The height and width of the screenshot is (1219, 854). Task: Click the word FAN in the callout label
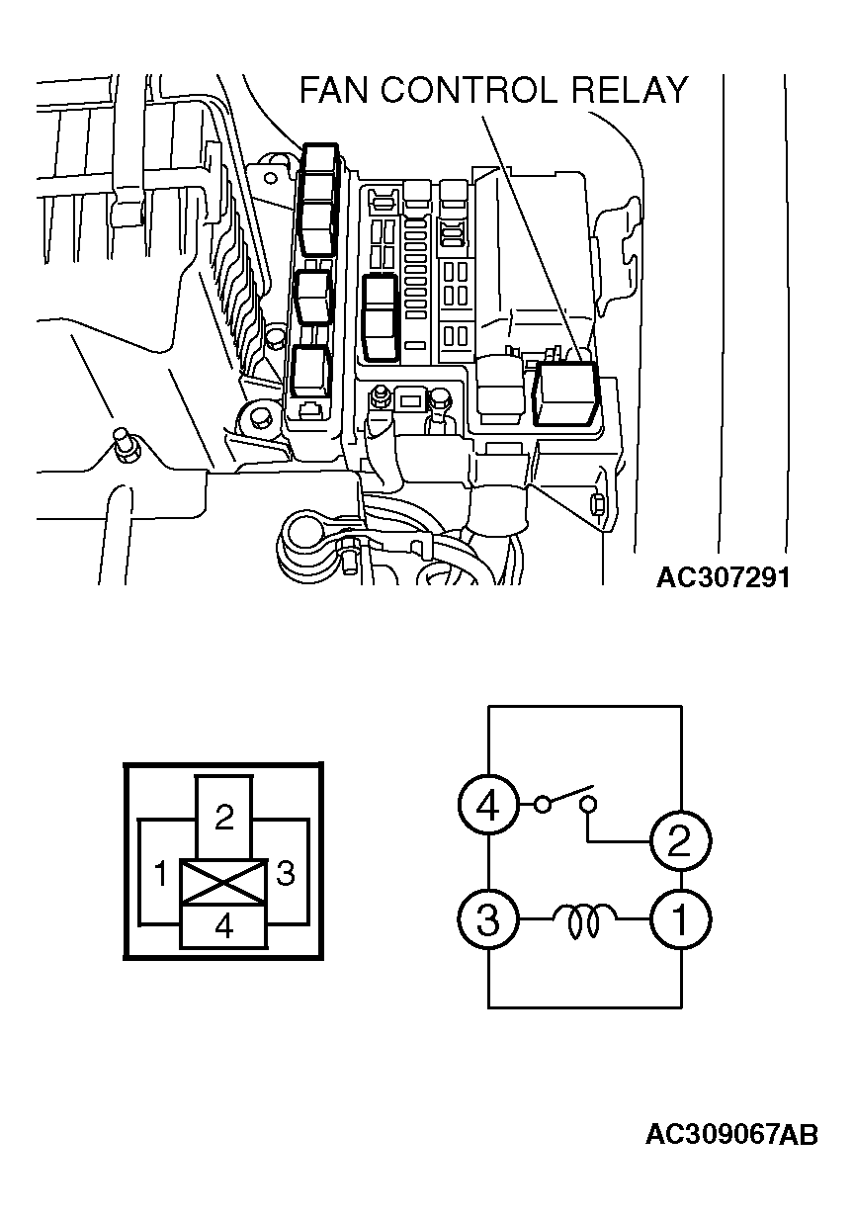[x=334, y=91]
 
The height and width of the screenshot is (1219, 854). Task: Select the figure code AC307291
[x=723, y=577]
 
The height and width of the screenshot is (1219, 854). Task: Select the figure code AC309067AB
[x=731, y=1135]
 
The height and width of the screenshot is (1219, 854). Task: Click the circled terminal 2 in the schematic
[x=680, y=841]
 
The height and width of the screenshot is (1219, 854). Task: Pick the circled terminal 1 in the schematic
[x=680, y=920]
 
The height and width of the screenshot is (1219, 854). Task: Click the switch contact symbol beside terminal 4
[x=565, y=801]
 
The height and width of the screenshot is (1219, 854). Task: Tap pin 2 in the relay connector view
[x=224, y=817]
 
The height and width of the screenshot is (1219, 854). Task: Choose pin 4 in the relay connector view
[x=224, y=927]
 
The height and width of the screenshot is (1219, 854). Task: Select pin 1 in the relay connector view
[x=158, y=874]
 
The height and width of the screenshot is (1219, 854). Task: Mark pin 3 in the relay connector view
[x=287, y=874]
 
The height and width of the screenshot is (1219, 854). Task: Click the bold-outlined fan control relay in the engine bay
[x=565, y=394]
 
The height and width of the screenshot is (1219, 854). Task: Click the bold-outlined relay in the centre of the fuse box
[x=382, y=316]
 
